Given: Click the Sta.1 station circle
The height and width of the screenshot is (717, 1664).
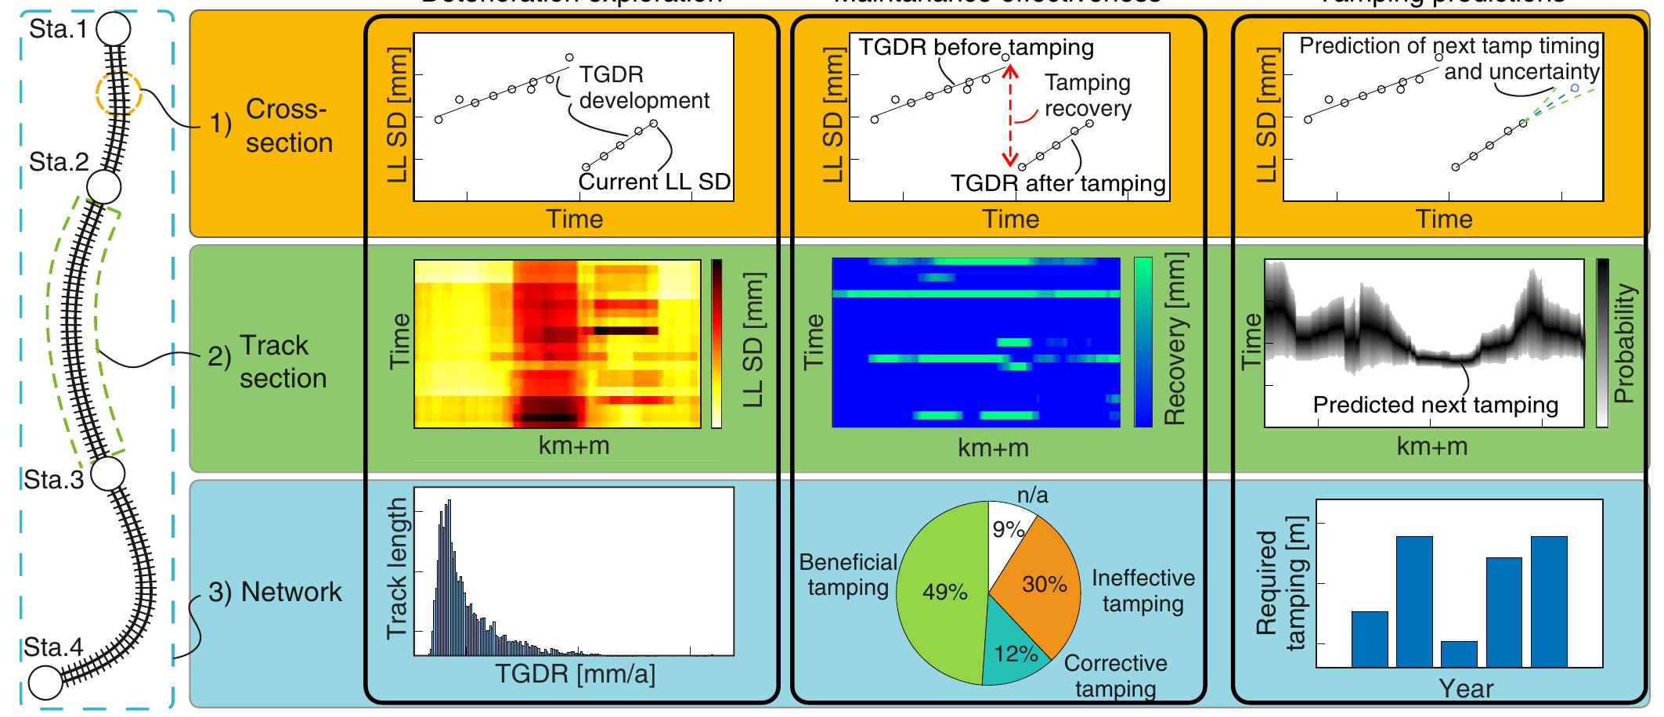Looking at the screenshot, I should pyautogui.click(x=114, y=29).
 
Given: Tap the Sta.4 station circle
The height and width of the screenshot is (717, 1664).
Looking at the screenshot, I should pyautogui.click(x=45, y=682).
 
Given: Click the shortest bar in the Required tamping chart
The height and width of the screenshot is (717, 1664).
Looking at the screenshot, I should pyautogui.click(x=1459, y=654).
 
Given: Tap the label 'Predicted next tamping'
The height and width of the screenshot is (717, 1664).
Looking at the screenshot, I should pyautogui.click(x=1435, y=405).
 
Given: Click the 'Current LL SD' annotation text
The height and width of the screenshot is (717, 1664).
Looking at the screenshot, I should pyautogui.click(x=655, y=182).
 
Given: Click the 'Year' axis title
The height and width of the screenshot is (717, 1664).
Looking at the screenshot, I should pyautogui.click(x=1466, y=689).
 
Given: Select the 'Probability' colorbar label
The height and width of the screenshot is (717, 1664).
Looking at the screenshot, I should pyautogui.click(x=1626, y=343).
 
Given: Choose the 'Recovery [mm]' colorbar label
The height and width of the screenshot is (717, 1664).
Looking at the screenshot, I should pyautogui.click(x=1176, y=338).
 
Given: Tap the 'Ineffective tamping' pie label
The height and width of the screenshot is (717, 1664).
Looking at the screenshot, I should pyautogui.click(x=1143, y=591).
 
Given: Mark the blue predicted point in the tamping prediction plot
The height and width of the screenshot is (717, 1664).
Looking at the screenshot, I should pyautogui.click(x=1574, y=88).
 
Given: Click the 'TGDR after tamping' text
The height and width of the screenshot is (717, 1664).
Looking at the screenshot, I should pyautogui.click(x=1058, y=183).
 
